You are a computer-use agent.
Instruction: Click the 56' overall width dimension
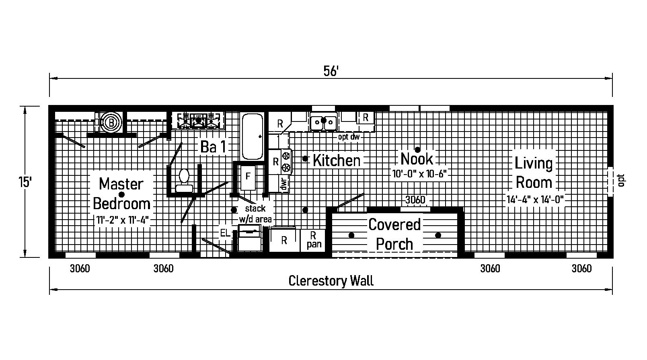(x=331, y=71)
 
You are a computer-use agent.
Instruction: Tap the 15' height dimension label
(x=25, y=182)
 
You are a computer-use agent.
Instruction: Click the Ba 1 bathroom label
(x=213, y=147)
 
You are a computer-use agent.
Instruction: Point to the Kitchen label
(x=337, y=160)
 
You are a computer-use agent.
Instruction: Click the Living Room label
(x=534, y=173)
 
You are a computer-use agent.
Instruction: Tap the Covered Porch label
(x=394, y=235)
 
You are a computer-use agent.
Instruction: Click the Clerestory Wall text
(x=331, y=281)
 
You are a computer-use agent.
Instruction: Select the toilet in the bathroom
(x=184, y=181)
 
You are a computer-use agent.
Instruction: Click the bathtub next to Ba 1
(x=252, y=136)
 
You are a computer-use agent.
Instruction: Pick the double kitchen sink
(x=323, y=121)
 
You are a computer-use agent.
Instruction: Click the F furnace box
(x=248, y=177)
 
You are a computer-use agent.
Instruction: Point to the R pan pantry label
(x=313, y=240)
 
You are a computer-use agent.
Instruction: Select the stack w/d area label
(x=255, y=214)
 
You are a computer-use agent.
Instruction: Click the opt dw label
(x=349, y=137)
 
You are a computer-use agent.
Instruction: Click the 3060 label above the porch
(x=415, y=200)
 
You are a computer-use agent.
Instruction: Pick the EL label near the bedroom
(x=225, y=233)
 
